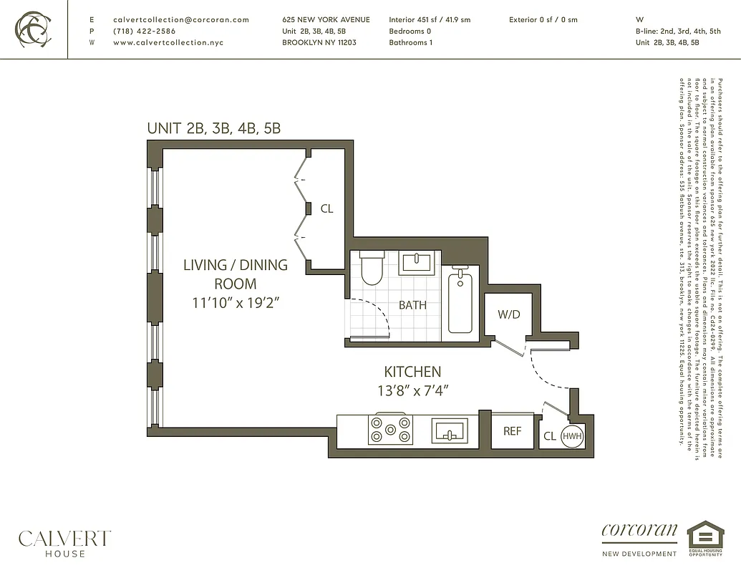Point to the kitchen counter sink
pos(450,431)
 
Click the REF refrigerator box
pos(512,431)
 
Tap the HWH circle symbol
pos(571,435)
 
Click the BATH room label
pos(412,305)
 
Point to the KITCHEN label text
pos(412,372)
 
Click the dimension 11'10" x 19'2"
pos(235,302)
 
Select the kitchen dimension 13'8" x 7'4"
pos(412,390)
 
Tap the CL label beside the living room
pos(326,209)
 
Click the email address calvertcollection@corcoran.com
pos(181,20)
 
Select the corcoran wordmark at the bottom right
pos(639,531)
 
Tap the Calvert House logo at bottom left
pos(64,542)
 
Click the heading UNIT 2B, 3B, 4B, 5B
pos(213,129)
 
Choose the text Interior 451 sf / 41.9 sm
pos(430,20)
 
